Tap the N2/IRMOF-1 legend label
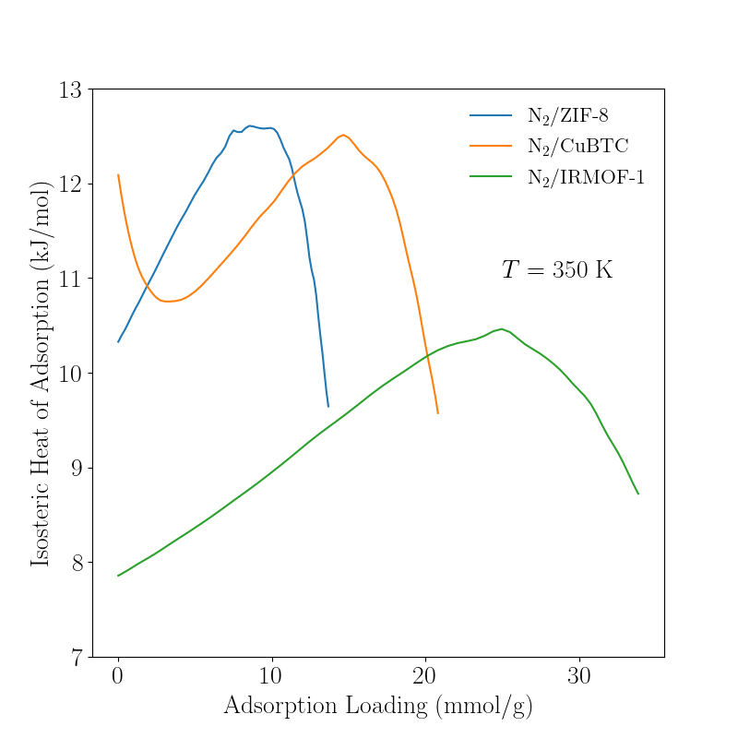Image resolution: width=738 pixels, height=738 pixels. [586, 178]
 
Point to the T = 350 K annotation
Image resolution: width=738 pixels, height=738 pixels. [557, 270]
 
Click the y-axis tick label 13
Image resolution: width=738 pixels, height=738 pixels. [71, 90]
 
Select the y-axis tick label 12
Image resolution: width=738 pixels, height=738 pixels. [71, 184]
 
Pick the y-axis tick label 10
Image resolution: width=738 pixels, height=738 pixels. [71, 374]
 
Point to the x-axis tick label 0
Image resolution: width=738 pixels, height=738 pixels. [118, 675]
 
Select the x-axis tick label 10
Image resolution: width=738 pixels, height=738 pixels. [271, 675]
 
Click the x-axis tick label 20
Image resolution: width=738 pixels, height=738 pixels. [425, 675]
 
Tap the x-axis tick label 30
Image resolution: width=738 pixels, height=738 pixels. [578, 675]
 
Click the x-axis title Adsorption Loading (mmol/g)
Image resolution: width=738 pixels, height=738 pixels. [378, 706]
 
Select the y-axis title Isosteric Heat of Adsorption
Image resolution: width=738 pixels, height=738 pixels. [41, 374]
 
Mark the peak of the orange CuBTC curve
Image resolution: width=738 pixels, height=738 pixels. [343, 135]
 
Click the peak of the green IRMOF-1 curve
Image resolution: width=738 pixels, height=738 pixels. [502, 328]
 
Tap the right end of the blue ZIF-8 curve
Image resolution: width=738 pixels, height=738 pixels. [327, 406]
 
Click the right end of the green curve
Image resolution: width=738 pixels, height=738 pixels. [638, 494]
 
